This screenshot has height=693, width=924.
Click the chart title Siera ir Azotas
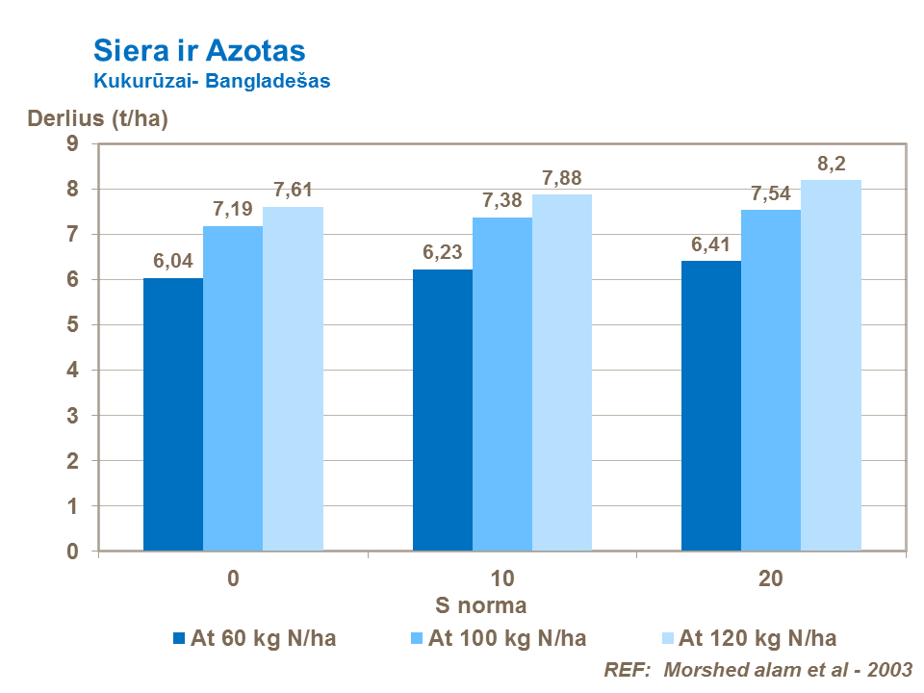(199, 50)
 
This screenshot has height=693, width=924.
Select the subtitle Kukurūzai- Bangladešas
(212, 82)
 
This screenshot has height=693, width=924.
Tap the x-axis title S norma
(481, 606)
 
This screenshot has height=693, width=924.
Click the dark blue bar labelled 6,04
(173, 414)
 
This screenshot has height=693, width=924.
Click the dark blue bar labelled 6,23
(443, 410)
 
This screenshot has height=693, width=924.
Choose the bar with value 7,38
(502, 384)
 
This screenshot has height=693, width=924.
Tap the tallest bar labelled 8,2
(831, 365)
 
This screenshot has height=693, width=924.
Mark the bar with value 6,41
(711, 405)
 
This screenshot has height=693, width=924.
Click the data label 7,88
(562, 178)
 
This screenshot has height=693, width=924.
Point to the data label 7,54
(771, 193)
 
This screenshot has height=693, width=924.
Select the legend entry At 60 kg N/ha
(254, 638)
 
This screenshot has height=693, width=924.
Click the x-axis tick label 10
(502, 579)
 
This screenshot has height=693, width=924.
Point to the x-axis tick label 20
(771, 579)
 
